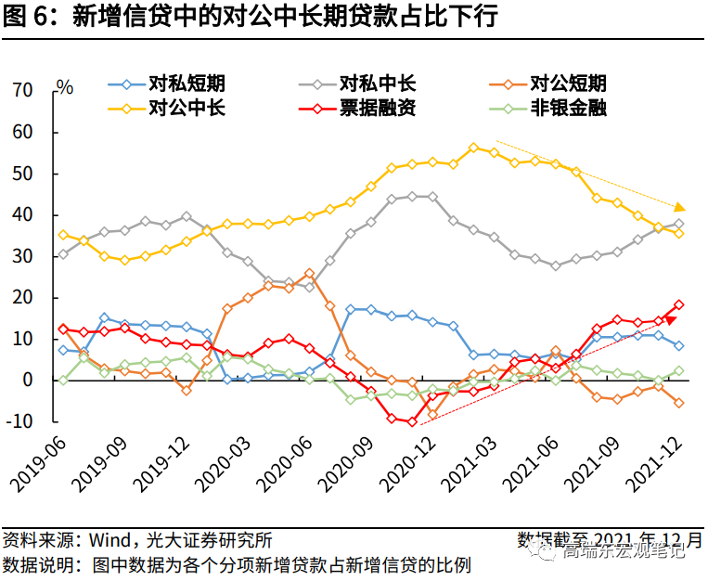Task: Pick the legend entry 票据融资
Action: (378, 108)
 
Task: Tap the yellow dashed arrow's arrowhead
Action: (680, 207)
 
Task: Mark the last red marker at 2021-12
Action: (679, 304)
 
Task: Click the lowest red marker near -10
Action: (412, 421)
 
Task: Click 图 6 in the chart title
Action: (28, 17)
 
